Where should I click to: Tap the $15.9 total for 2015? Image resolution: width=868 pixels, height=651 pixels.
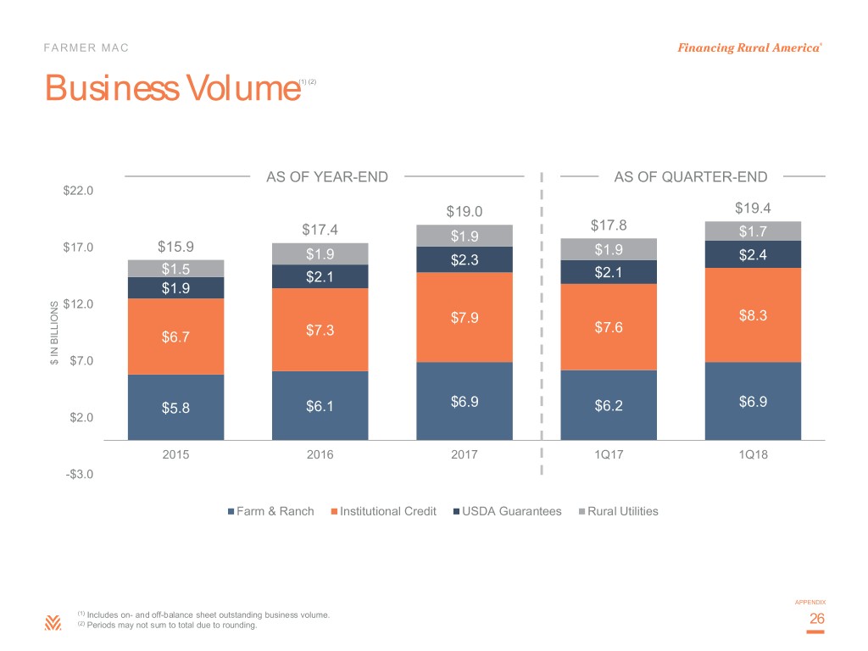point(175,248)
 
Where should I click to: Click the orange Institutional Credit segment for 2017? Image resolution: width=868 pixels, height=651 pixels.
point(465,317)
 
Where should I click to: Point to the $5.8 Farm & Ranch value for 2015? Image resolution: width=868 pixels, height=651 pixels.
point(175,409)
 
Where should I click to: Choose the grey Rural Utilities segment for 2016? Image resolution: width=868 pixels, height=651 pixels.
point(320,253)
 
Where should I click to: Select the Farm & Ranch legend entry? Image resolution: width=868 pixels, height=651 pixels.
point(271,511)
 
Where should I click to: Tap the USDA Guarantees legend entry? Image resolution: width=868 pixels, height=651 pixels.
point(506,511)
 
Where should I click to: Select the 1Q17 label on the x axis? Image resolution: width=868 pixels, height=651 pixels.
point(608,454)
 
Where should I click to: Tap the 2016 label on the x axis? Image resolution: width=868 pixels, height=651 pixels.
point(320,454)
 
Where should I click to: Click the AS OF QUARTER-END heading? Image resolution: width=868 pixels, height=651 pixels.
point(691,177)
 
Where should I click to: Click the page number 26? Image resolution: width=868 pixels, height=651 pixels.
point(817,620)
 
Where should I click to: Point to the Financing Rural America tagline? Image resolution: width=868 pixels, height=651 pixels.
point(748,47)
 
